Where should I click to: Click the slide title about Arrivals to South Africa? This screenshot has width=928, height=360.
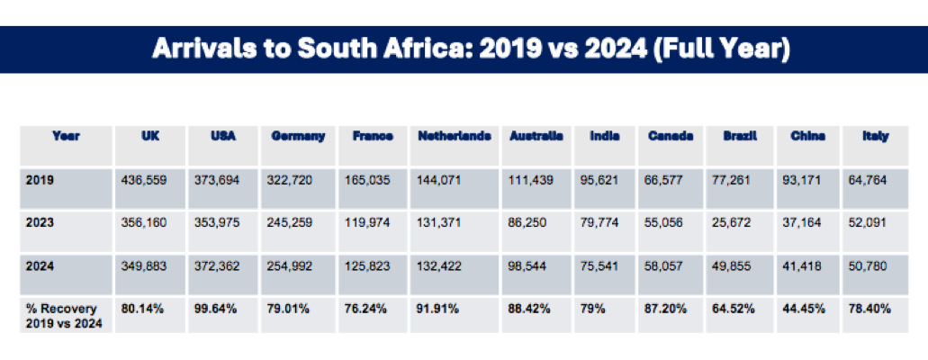[x=471, y=49]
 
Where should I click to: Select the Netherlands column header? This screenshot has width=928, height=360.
[x=455, y=136]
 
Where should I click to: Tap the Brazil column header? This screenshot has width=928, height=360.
[x=740, y=136]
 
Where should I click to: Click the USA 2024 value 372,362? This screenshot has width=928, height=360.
[x=217, y=266]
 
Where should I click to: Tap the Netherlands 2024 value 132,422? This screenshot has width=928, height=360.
[x=440, y=266]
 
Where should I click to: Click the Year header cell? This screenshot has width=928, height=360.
[x=67, y=136]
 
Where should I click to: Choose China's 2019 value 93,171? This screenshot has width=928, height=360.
[x=808, y=180]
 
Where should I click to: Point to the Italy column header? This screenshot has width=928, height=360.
[x=875, y=136]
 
